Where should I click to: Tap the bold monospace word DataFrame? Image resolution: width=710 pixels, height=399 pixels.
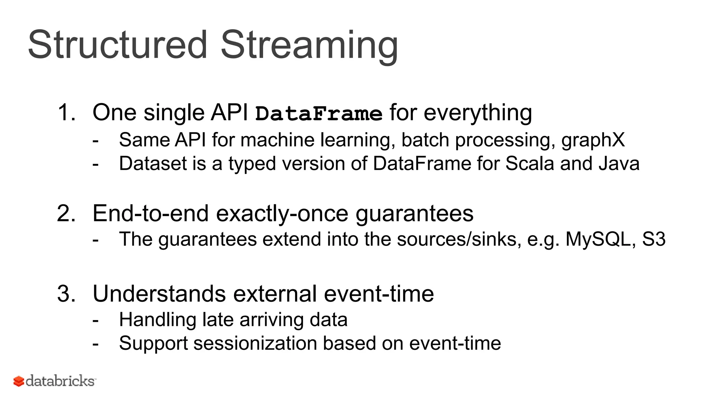pyautogui.click(x=319, y=114)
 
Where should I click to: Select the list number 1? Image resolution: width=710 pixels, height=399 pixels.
pyautogui.click(x=66, y=113)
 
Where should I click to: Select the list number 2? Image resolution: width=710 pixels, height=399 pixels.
pyautogui.click(x=66, y=213)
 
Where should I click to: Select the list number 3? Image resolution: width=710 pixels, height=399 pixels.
pyautogui.click(x=66, y=294)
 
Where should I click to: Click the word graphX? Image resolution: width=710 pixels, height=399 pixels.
pyautogui.click(x=593, y=140)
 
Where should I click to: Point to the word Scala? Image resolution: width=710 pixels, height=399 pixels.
pyautogui.click(x=529, y=163)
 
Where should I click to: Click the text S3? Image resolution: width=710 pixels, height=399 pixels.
pyautogui.click(x=653, y=239)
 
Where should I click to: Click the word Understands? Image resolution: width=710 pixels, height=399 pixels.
pyautogui.click(x=159, y=294)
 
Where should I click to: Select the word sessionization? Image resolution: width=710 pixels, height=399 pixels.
pyautogui.click(x=255, y=343)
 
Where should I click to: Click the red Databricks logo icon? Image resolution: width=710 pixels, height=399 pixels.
pyautogui.click(x=19, y=381)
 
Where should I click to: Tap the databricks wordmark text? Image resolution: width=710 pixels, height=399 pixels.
pyautogui.click(x=60, y=381)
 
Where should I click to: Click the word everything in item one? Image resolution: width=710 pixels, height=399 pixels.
pyautogui.click(x=478, y=114)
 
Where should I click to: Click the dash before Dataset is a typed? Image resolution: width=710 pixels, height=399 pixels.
pyautogui.click(x=96, y=164)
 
